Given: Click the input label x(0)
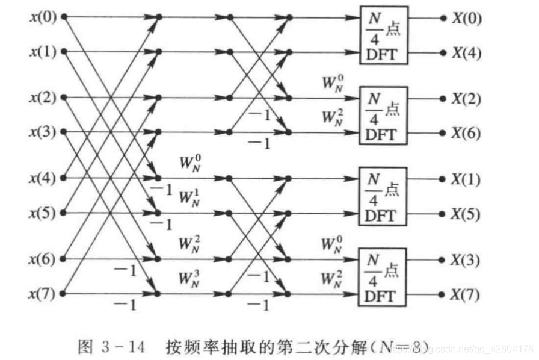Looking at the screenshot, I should (43, 17).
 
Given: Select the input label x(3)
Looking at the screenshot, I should (43, 131).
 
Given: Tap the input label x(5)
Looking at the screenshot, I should (43, 213).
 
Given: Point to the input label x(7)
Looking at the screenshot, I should (43, 294).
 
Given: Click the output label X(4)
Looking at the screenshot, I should (466, 52).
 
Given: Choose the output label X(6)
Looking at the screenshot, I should (466, 133).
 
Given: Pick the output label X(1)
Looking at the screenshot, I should (466, 179).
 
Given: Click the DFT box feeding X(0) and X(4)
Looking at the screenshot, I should (384, 35).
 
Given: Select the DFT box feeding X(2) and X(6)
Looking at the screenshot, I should (384, 115).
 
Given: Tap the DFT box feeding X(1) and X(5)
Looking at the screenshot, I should (384, 196).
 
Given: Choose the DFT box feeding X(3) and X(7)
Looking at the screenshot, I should (384, 277).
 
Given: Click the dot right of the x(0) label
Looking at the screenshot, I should (63, 17).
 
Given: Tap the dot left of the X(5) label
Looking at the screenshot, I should (443, 213).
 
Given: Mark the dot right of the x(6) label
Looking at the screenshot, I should (63, 259).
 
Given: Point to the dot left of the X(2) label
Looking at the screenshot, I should (443, 98).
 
